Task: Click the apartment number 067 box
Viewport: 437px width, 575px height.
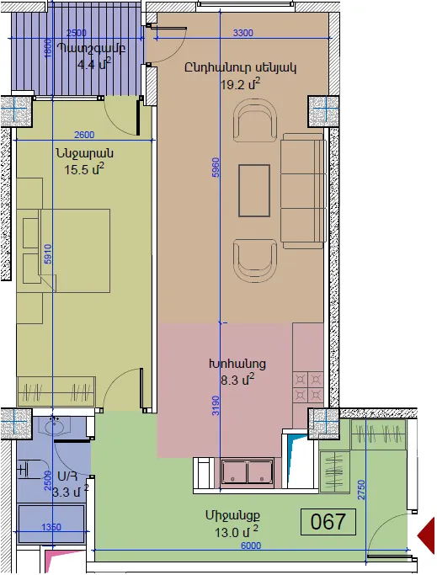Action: tap(328, 521)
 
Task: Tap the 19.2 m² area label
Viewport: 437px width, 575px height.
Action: tap(240, 84)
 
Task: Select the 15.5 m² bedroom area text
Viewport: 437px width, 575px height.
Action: tap(84, 169)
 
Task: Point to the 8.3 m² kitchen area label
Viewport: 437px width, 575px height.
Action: tap(237, 380)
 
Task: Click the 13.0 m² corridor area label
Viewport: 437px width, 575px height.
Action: tap(237, 531)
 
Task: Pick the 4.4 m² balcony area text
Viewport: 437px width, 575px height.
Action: tap(94, 64)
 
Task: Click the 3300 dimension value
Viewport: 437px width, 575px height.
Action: tap(242, 33)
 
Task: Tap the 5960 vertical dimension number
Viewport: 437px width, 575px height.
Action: tap(216, 168)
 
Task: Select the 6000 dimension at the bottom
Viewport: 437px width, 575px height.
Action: tap(251, 546)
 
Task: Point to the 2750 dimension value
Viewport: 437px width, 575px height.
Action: tap(361, 490)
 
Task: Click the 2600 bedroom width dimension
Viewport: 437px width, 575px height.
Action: tap(84, 135)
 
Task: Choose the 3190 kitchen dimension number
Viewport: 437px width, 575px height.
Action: tap(216, 406)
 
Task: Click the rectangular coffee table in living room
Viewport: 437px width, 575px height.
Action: tap(254, 191)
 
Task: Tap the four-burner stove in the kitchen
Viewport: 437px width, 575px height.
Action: tap(308, 387)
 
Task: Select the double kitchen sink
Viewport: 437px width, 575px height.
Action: tap(248, 472)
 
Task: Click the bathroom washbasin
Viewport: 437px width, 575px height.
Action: tap(55, 427)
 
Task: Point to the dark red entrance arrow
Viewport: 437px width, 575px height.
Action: tap(426, 535)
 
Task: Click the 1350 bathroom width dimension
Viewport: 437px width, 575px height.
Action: tap(51, 527)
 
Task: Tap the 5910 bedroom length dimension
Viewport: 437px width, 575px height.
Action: tap(47, 254)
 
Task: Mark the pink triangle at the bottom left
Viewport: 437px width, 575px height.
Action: tap(55, 559)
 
